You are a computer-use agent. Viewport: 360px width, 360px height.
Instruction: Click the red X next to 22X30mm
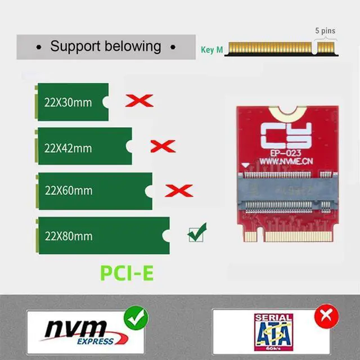click(x=139, y=101)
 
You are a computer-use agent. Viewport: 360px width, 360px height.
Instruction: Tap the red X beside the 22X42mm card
click(x=163, y=146)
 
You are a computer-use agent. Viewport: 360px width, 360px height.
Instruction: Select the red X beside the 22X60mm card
click(x=179, y=190)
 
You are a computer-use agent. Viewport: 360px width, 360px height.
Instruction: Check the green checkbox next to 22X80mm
click(x=197, y=232)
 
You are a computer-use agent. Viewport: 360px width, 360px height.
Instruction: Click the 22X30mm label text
click(x=67, y=102)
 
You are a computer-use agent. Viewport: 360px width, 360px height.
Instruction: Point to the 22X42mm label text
click(x=67, y=148)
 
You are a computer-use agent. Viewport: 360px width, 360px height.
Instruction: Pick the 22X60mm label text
click(x=68, y=191)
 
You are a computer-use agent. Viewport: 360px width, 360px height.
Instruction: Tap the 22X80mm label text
click(x=68, y=235)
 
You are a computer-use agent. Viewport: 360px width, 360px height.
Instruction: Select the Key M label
click(x=211, y=50)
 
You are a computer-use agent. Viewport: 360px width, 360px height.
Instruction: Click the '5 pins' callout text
click(x=325, y=31)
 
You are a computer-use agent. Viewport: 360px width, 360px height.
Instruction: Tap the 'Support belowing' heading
click(x=105, y=46)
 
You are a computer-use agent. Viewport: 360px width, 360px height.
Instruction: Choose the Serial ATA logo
click(x=273, y=331)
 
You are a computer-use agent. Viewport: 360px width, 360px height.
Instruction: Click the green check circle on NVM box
click(x=136, y=318)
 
